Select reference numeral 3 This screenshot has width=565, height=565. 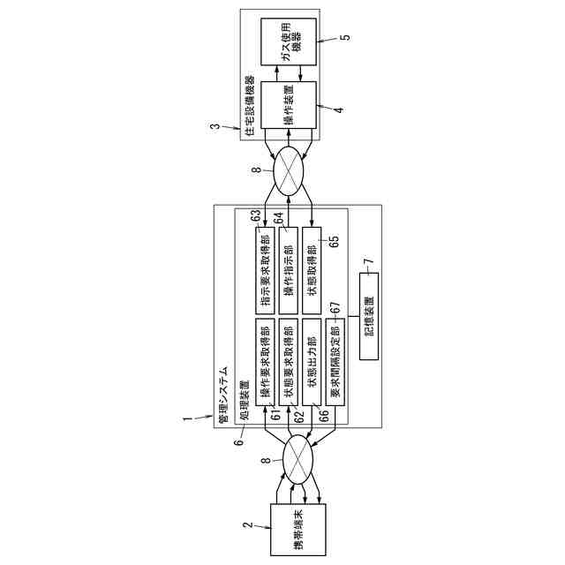(215, 127)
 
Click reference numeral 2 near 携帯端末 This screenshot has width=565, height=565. (249, 526)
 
